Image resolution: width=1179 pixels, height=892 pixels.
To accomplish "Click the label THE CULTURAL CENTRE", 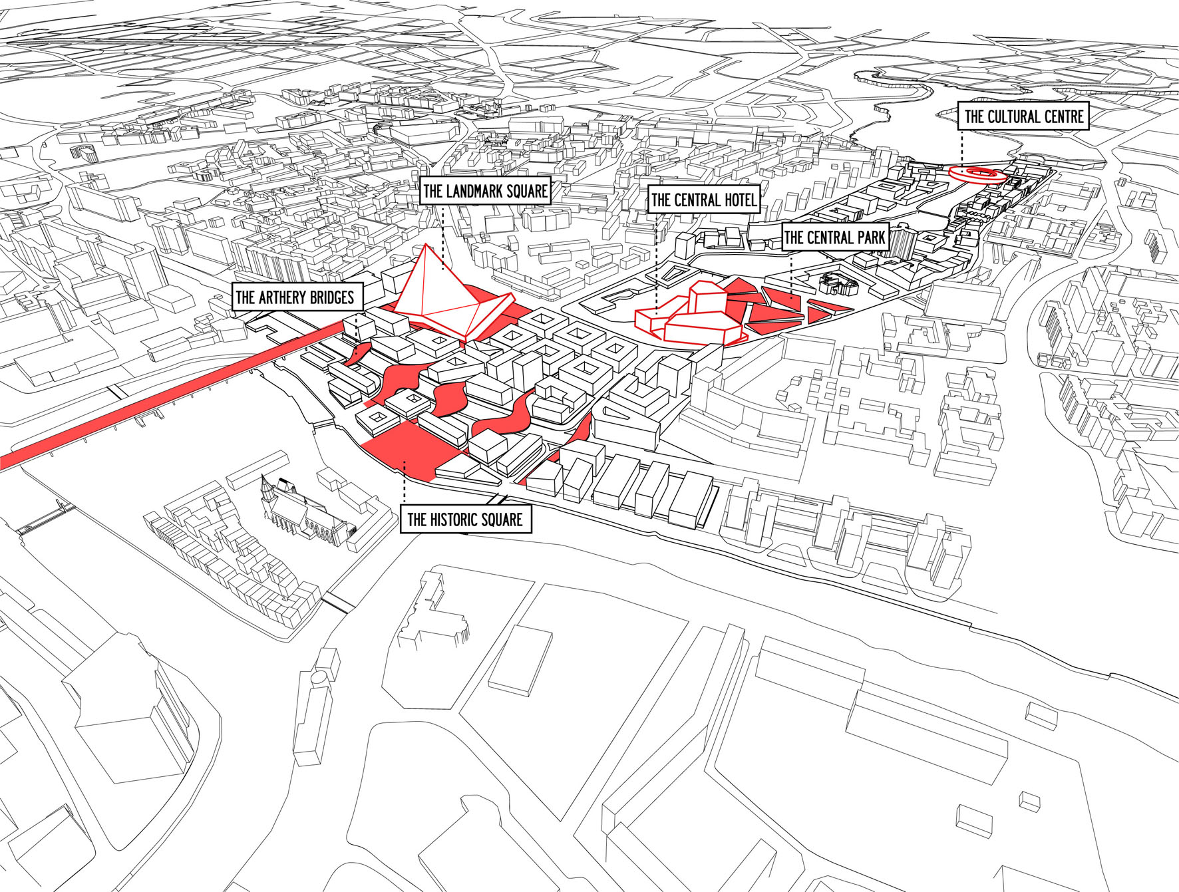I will pos(1023,117).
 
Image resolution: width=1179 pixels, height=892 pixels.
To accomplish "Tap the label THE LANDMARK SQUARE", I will pos(485,192).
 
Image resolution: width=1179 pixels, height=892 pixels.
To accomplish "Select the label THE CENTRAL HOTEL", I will pos(704,200).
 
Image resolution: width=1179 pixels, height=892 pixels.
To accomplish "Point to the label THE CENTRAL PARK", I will pos(834,237).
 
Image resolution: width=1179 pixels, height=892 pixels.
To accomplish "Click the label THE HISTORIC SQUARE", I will pos(465,520).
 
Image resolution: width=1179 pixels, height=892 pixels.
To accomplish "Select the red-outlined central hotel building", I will pos(692,316).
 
